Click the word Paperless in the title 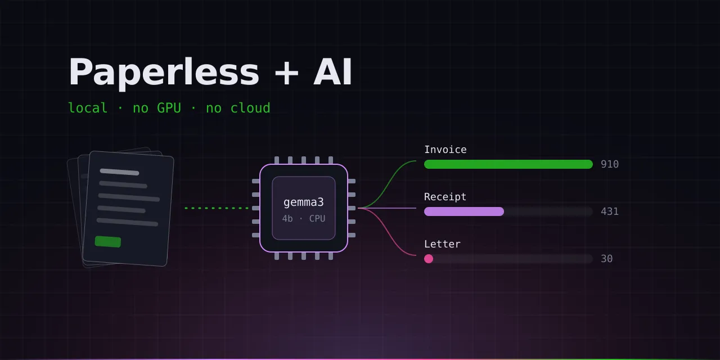click(164, 73)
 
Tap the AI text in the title click(332, 71)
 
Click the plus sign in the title click(286, 73)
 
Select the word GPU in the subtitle click(169, 108)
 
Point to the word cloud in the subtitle click(250, 108)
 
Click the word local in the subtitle click(88, 108)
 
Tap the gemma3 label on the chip click(303, 202)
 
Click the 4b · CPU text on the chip click(304, 219)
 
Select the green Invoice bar click(508, 164)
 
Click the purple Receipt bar click(464, 211)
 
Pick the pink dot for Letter click(429, 259)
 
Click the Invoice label click(445, 150)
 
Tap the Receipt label click(445, 197)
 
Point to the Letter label click(442, 244)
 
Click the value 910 click(610, 164)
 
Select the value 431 click(610, 211)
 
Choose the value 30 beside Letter click(607, 259)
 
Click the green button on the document click(108, 242)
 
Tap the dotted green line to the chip click(217, 208)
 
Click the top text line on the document click(120, 172)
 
